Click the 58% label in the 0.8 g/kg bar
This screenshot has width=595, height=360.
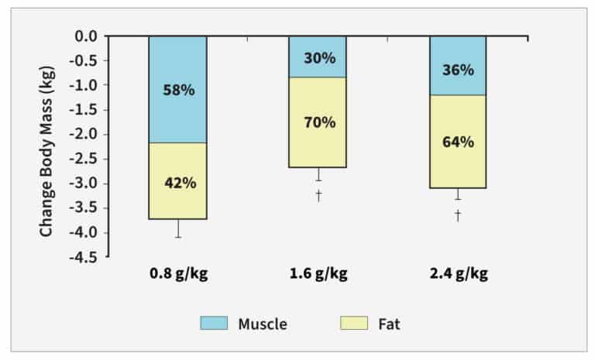pyautogui.click(x=178, y=90)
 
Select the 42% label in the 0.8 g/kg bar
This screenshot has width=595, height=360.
pyautogui.click(x=178, y=183)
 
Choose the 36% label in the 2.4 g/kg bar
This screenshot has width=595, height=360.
pyautogui.click(x=457, y=69)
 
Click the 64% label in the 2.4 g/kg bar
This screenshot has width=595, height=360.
pyautogui.click(x=457, y=142)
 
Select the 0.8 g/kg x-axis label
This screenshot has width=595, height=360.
pyautogui.click(x=178, y=275)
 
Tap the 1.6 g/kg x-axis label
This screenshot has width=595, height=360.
pyautogui.click(x=318, y=275)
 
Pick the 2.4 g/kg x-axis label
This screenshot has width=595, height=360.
pyautogui.click(x=457, y=275)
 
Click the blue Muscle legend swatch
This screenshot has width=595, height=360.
pyautogui.click(x=216, y=324)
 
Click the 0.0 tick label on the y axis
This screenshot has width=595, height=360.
pyautogui.click(x=86, y=36)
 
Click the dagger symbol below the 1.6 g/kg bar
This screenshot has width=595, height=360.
pyautogui.click(x=318, y=195)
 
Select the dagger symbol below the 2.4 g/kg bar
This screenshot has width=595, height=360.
pyautogui.click(x=458, y=215)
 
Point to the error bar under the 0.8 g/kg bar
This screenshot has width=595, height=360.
pyautogui.click(x=178, y=228)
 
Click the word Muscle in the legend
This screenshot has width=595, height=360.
pyautogui.click(x=263, y=324)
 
